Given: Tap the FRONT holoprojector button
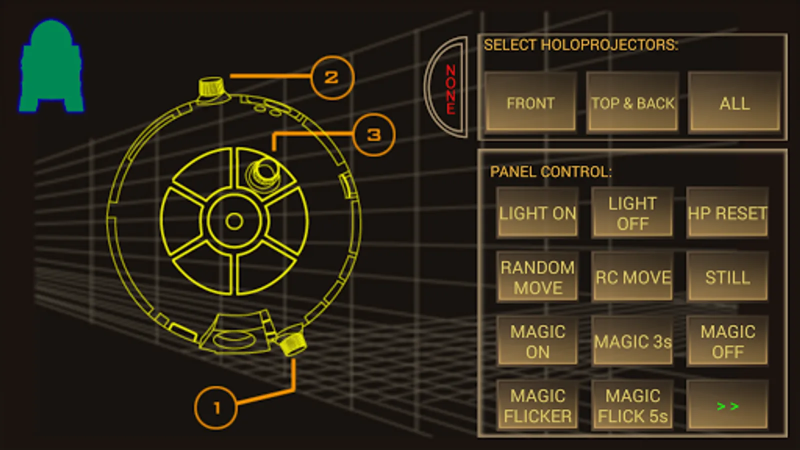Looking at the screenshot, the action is point(530,102).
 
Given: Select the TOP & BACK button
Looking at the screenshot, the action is point(632,102).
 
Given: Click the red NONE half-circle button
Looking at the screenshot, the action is point(447,87).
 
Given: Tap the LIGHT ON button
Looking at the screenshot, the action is point(537,212).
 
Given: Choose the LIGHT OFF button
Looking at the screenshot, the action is point(632,212).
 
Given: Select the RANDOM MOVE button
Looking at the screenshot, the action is point(537,277).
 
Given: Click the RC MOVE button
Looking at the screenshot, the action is point(632,277).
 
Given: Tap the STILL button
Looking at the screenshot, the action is point(727,277).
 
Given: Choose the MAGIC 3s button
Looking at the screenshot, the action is point(632,341).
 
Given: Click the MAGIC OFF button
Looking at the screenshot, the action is point(727,341).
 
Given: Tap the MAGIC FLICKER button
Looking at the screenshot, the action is point(537,405).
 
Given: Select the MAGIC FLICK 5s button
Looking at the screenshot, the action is point(632,405).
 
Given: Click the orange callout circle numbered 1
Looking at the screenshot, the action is point(215,407).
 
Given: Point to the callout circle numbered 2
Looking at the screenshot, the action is point(332,77).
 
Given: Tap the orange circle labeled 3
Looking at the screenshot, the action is point(374,134).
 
